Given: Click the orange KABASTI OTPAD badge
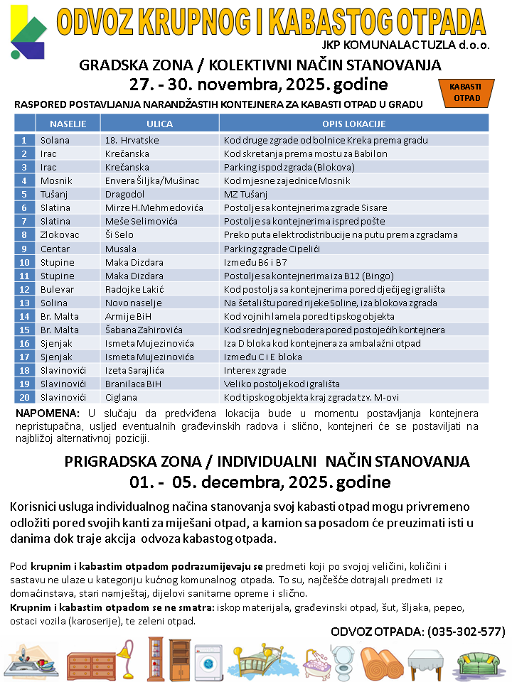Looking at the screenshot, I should (466, 92).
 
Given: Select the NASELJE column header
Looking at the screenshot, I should (68, 124).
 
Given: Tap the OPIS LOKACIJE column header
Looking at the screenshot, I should (353, 124).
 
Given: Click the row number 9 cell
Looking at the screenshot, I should (24, 249).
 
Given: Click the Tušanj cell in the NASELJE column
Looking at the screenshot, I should (54, 194).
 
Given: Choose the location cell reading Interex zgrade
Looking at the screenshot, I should (257, 370).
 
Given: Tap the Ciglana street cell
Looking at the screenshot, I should (119, 397).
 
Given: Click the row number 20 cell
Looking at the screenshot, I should (24, 397).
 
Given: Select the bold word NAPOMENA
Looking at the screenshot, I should (68, 413).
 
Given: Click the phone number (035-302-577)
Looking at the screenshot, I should (466, 632).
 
